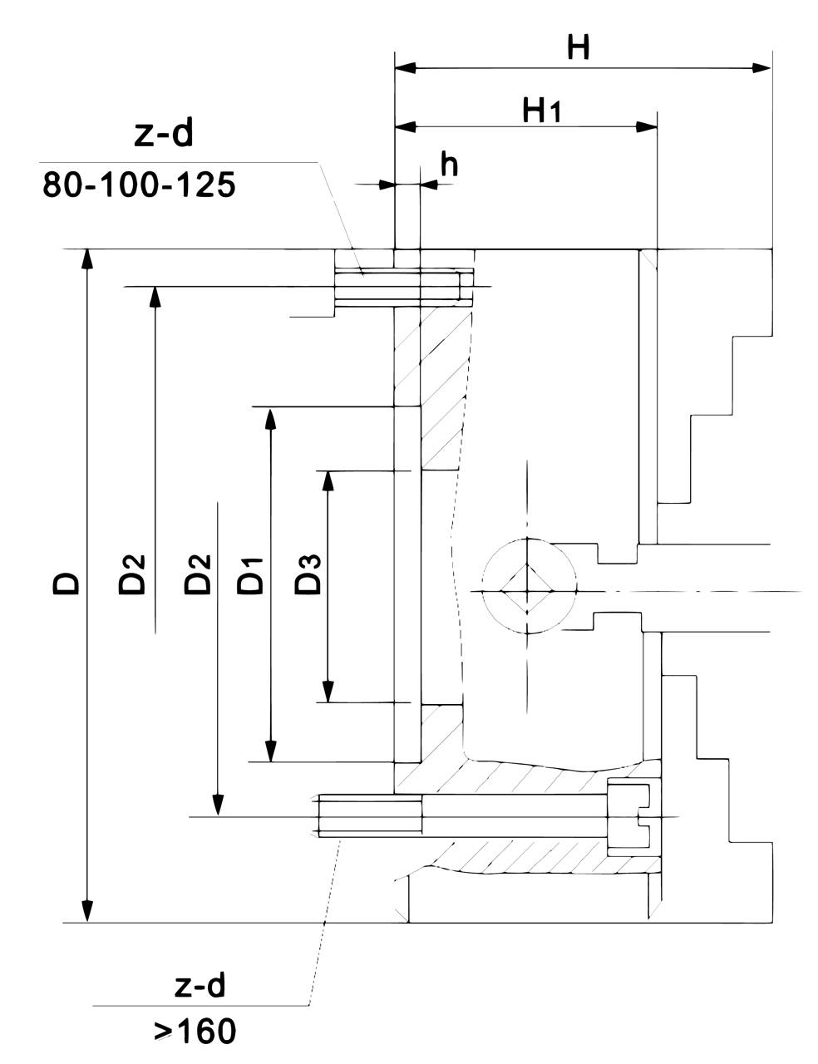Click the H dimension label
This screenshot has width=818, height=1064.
click(578, 47)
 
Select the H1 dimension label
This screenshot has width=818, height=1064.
click(542, 110)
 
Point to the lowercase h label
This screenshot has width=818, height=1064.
click(449, 165)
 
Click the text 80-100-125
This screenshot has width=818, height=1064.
click(139, 185)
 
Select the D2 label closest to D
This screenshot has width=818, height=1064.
click(132, 573)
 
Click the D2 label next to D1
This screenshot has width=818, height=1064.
click(198, 573)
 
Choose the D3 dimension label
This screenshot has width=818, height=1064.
click(308, 574)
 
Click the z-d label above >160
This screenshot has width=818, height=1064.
click(200, 986)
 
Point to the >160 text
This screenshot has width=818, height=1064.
click(195, 1032)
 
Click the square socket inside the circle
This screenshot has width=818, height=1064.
click(529, 591)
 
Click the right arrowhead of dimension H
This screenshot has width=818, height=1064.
click(762, 67)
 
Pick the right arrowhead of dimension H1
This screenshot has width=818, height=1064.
click(647, 127)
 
